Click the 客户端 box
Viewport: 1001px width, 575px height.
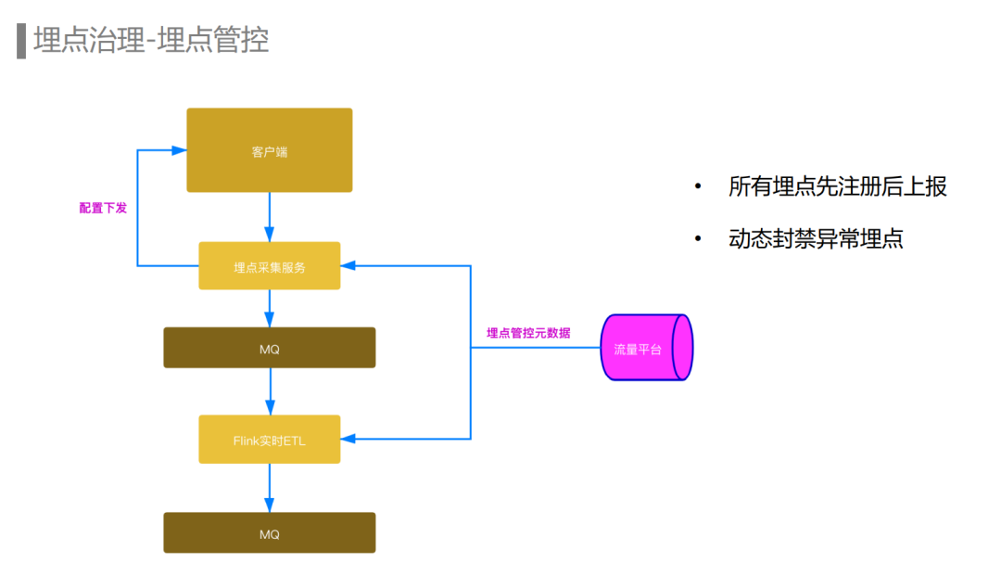[269, 150]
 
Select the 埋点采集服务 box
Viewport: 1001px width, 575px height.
[269, 266]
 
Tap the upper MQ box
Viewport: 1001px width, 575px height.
[269, 348]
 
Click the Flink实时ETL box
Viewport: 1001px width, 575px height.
[269, 440]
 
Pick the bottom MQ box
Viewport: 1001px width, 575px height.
[269, 533]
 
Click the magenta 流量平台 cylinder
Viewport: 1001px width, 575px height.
[646, 348]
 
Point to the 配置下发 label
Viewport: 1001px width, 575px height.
[103, 208]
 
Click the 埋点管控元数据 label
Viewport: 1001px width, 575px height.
[528, 332]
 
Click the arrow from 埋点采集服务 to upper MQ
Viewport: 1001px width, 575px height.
[270, 307]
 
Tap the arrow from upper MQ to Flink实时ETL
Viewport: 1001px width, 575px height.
[270, 391]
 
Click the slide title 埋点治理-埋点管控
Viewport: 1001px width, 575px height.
[151, 41]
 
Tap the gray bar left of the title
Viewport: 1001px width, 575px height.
[21, 41]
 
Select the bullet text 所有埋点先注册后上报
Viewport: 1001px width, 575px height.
[838, 186]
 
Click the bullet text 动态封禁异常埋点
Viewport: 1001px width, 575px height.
[816, 238]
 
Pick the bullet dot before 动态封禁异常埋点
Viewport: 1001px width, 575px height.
[698, 239]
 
